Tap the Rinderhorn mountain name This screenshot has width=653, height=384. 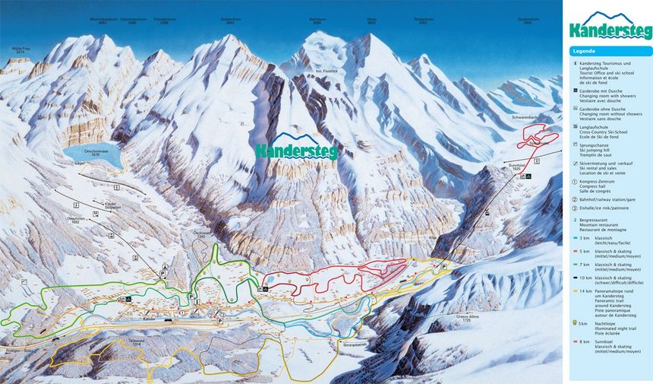point(424,17)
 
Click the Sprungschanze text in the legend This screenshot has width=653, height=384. point(598,141)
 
